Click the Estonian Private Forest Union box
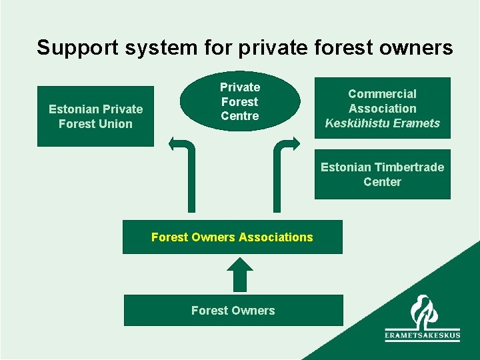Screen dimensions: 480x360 click(x=95, y=116)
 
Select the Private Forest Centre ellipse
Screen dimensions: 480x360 click(x=239, y=101)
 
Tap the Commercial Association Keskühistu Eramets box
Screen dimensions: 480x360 click(x=382, y=108)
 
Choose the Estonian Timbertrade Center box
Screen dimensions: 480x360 click(x=382, y=174)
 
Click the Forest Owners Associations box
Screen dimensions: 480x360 click(x=232, y=237)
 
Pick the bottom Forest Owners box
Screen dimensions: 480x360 click(x=233, y=310)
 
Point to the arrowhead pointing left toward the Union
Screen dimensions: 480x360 click(x=175, y=143)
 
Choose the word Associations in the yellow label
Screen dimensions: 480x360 click(x=275, y=237)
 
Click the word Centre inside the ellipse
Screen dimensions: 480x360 click(x=239, y=116)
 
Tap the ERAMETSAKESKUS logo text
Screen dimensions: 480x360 click(x=422, y=336)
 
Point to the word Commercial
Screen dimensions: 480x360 click(x=382, y=94)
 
